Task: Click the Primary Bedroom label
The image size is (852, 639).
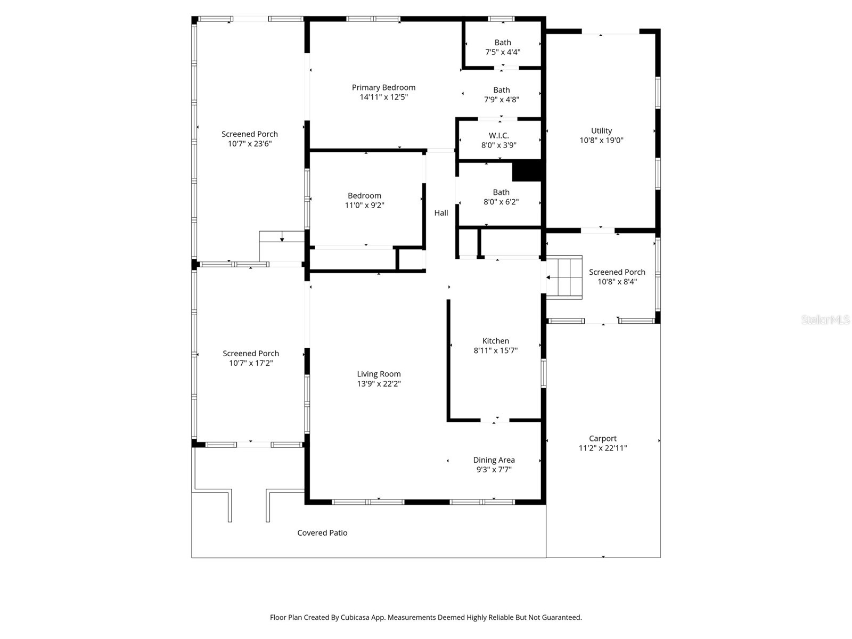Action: (383, 87)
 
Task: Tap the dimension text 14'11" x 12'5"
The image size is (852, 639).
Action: (383, 97)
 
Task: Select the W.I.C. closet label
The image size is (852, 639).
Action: (499, 136)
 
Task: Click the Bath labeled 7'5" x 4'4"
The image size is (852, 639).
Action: (503, 43)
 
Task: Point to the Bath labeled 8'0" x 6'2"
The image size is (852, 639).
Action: (501, 192)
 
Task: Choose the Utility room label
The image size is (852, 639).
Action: (601, 131)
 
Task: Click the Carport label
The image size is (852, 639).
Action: (602, 439)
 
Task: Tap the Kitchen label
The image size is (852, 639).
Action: (495, 341)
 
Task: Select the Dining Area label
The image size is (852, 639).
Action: (494, 460)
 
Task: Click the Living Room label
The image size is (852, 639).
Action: (379, 374)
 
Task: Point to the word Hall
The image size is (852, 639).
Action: (441, 213)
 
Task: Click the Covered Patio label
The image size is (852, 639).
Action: (322, 532)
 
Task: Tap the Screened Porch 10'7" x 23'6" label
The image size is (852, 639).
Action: (250, 134)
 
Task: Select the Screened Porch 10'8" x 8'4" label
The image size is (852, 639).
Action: (617, 272)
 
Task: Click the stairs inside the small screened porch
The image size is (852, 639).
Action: (564, 277)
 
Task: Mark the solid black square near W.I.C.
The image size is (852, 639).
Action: (527, 171)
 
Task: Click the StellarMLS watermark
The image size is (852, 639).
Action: (825, 320)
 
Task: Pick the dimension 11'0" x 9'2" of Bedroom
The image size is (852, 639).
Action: (364, 205)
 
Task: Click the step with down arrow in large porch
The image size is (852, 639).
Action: (281, 237)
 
